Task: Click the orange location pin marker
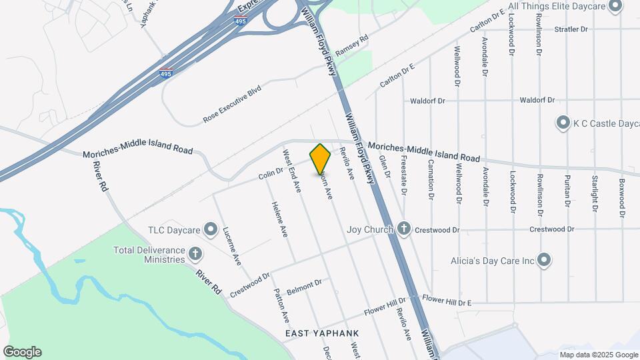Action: [321, 159]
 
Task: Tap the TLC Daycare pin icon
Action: [211, 231]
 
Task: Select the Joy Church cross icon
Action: [403, 229]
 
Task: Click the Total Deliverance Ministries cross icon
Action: [195, 253]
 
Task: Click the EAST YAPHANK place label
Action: [322, 333]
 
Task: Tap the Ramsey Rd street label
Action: [351, 45]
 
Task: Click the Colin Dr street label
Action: [271, 175]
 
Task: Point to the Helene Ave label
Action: [279, 221]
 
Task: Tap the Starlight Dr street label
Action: [593, 194]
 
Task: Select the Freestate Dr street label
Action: [403, 175]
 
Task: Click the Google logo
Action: [22, 352]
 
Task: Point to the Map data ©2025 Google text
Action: [598, 355]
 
